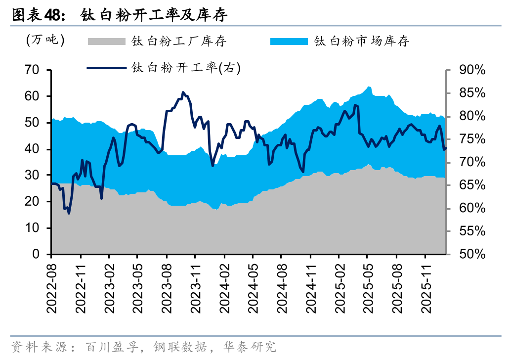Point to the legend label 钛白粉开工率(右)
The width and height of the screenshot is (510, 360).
click(x=186, y=68)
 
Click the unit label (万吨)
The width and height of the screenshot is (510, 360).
click(x=45, y=40)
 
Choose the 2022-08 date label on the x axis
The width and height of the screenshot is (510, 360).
click(x=51, y=287)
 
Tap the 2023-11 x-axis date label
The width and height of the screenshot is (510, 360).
click(x=195, y=287)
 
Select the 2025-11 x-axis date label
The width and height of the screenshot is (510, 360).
click(x=425, y=287)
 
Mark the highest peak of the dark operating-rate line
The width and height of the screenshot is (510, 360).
click(x=183, y=92)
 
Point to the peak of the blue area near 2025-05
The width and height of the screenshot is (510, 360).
click(x=368, y=87)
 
